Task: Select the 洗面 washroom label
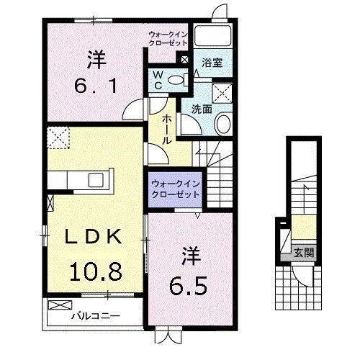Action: [x=202, y=109]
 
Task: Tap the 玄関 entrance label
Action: [x=303, y=253]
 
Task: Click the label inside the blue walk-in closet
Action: [x=176, y=189]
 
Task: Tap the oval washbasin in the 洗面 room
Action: [x=222, y=124]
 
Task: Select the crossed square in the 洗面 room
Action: [x=222, y=91]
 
